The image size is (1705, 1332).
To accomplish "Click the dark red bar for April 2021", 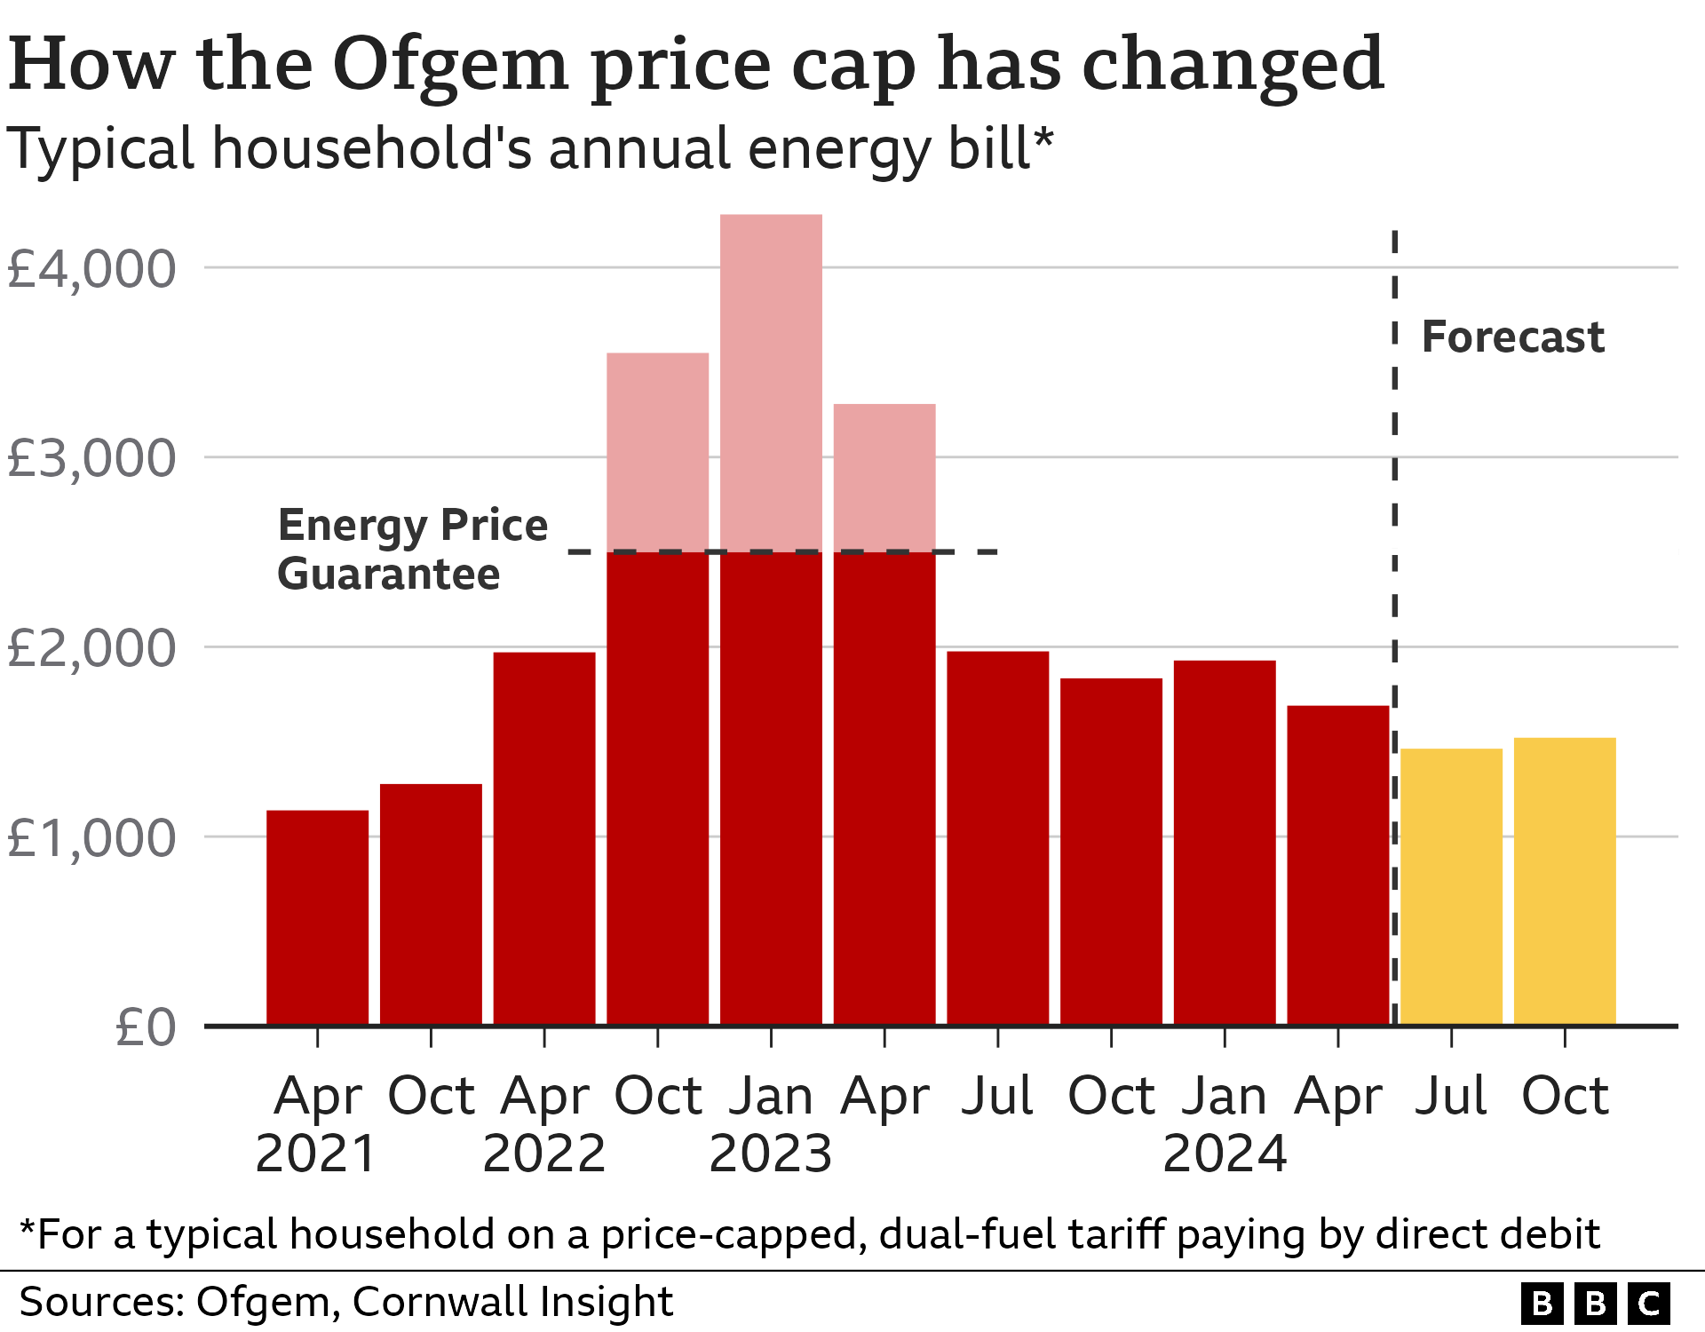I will [317, 918].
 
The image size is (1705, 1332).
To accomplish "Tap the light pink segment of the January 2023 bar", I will [771, 382].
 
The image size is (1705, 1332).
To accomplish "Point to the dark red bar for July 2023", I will [997, 838].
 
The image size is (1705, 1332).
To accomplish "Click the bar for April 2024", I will [1337, 865].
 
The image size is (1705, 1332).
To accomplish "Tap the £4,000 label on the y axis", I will [91, 269].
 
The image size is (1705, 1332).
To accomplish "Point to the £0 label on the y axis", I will [146, 1028].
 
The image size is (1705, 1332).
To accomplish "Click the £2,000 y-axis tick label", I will [91, 648].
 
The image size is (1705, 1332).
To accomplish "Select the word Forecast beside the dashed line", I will [1512, 337].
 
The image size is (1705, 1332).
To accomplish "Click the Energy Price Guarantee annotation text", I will [411, 549].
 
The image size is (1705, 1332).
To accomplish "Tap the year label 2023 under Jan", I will [770, 1154].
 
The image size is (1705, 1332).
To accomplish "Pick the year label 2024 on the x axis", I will [1225, 1154].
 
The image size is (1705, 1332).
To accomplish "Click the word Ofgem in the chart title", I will [449, 64].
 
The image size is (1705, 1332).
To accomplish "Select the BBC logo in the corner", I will [1595, 1303].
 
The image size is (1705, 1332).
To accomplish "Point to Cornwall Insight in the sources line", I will [512, 1302].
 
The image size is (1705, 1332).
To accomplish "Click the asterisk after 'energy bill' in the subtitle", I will [1043, 139].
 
